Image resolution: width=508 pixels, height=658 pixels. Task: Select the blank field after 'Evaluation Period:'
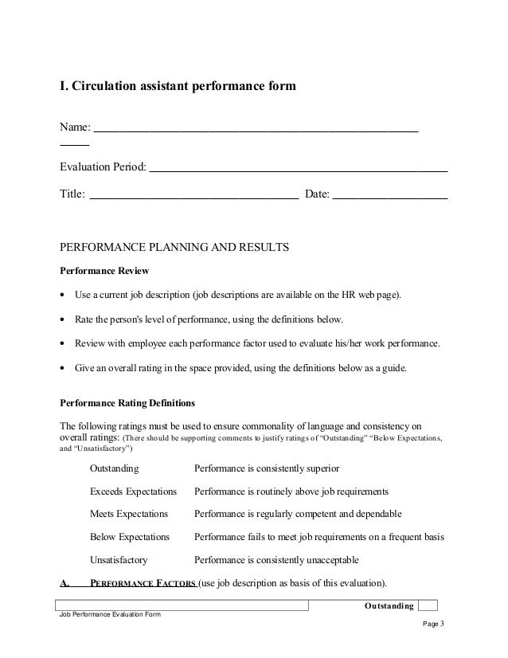point(299,170)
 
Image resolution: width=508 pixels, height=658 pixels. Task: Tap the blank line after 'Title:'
point(194,194)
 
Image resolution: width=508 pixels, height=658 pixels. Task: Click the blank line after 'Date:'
point(389,194)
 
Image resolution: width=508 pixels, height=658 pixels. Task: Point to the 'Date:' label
point(317,194)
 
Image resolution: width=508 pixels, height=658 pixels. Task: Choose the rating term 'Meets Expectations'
point(129,514)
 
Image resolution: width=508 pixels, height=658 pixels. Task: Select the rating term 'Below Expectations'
point(130,537)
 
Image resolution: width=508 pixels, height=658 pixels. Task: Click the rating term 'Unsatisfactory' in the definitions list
point(119,559)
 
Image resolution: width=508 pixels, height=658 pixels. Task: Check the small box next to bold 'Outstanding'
point(428,605)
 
